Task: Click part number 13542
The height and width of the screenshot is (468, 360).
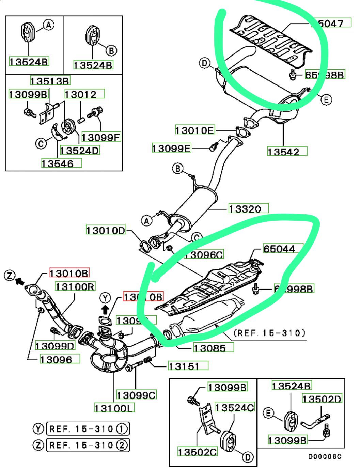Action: pos(287,152)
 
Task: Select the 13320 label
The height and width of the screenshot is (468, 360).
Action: pos(248,208)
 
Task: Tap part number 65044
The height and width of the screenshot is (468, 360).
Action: pos(279,249)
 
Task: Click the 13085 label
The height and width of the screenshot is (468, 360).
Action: pos(214,348)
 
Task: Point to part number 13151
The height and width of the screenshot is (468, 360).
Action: pos(188,366)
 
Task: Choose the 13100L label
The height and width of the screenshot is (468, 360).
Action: pos(114,407)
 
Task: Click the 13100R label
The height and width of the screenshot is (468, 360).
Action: pos(75,286)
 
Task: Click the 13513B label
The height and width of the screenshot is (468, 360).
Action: pos(50,81)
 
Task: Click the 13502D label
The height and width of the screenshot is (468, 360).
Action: pos(322,399)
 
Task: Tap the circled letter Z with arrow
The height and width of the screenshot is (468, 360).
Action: pos(10,275)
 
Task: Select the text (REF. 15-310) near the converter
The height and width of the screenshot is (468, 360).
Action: pos(269,333)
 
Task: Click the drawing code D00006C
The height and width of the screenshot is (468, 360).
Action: pos(325,457)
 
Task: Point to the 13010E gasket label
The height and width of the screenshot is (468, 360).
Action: pos(195,130)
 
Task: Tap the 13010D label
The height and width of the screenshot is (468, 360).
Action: pos(106,230)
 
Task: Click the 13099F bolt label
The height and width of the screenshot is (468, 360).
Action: pos(101,137)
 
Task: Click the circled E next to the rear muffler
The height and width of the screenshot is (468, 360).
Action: pos(326,100)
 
